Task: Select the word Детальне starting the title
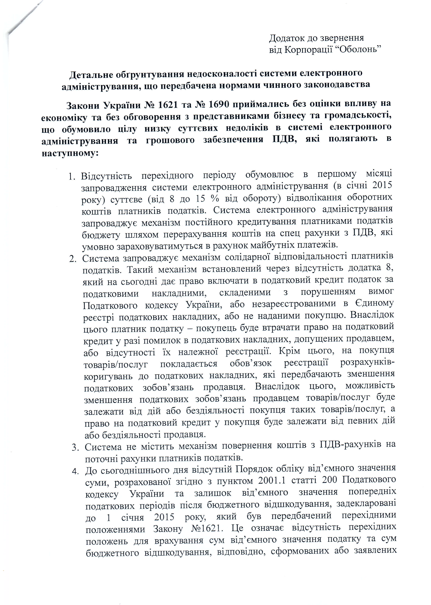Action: tap(91, 75)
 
